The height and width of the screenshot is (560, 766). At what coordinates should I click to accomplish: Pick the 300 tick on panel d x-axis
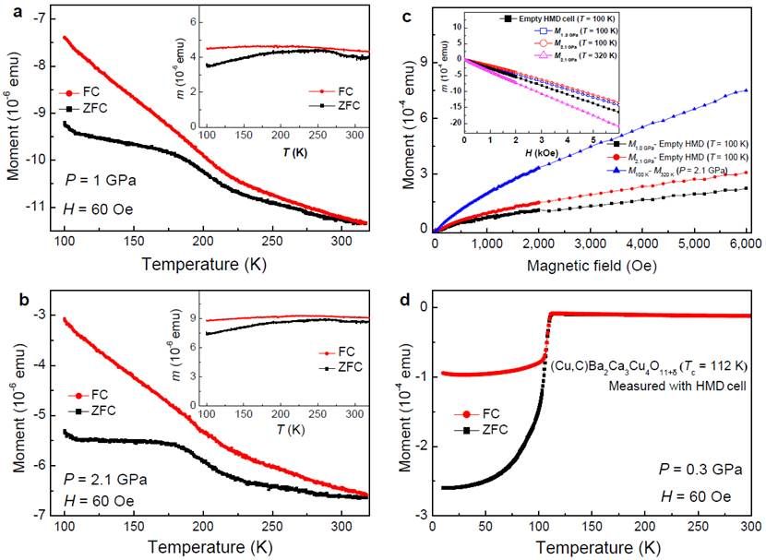[747, 525]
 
